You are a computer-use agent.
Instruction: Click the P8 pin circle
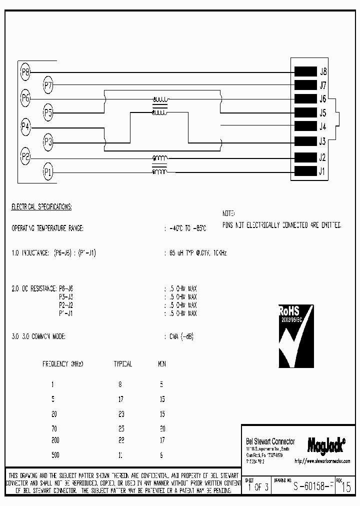pos(25,71)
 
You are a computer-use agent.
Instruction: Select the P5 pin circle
pos(48,112)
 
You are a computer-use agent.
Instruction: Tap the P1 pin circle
pos(48,172)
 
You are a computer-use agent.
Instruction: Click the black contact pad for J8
pos(305,71)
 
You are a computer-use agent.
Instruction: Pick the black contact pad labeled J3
pos(305,141)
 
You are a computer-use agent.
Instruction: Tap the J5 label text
pos(323,112)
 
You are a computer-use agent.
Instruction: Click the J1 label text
pos(323,171)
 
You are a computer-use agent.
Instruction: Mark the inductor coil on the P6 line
pos(160,99)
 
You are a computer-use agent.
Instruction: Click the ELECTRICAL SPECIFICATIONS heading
pos(41,206)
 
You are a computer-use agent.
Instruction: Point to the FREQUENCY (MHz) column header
pos(63,364)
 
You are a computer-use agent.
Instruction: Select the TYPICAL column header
pos(123,364)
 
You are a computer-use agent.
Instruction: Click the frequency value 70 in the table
pos(54,428)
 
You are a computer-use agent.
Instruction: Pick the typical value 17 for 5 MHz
pos(120,399)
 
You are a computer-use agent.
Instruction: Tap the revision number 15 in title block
pos(345,487)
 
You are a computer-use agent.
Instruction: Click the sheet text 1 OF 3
pos(258,487)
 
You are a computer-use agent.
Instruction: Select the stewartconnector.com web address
pos(322,461)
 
